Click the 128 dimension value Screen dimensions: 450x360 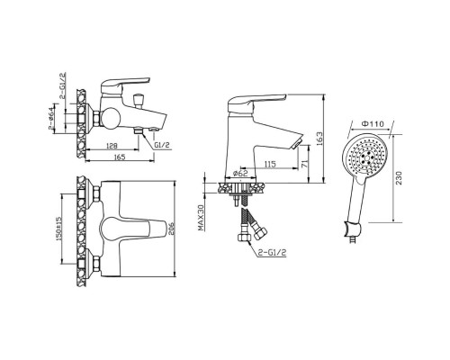pyautogui.click(x=112, y=146)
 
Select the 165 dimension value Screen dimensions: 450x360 pyautogui.click(x=120, y=157)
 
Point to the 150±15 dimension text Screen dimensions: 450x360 pyautogui.click(x=58, y=229)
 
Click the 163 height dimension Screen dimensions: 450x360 pyautogui.click(x=319, y=139)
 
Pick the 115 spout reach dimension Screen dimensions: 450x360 pyautogui.click(x=270, y=164)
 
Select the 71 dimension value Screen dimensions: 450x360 pyautogui.click(x=304, y=164)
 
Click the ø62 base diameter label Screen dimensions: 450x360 pyautogui.click(x=240, y=173)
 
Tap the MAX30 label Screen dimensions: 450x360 pyautogui.click(x=201, y=217)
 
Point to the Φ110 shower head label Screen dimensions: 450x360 pyautogui.click(x=373, y=123)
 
